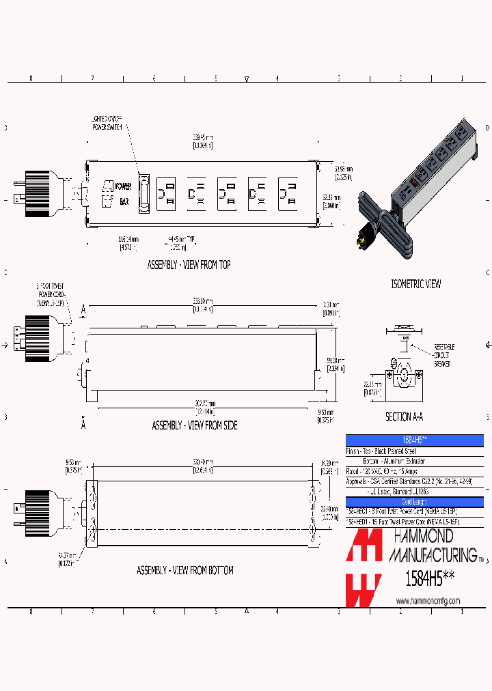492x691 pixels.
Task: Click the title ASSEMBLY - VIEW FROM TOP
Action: [x=189, y=265]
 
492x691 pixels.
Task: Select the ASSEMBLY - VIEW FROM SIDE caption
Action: [x=195, y=425]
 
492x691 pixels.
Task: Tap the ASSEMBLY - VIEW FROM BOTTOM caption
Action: [x=184, y=570]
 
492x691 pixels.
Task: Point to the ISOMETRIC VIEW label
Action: [x=415, y=284]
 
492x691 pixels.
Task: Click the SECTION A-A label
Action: [x=408, y=417]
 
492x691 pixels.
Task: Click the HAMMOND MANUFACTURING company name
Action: [x=432, y=546]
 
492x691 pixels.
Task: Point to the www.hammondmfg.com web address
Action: [x=428, y=601]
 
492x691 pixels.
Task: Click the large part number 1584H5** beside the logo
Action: [x=429, y=578]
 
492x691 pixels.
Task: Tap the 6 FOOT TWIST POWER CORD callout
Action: [x=51, y=296]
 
